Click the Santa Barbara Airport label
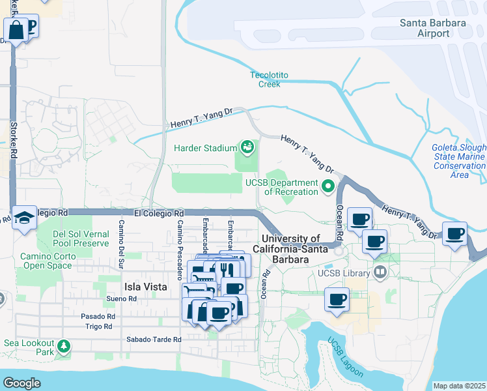[433, 28]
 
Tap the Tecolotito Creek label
[266, 79]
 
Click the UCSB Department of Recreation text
[281, 187]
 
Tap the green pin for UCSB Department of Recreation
[329, 187]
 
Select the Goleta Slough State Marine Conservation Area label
[459, 161]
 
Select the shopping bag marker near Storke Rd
[16, 29]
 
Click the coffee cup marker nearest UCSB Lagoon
[337, 300]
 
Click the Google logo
[22, 383]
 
